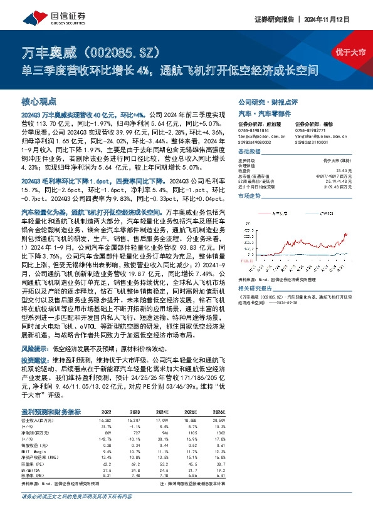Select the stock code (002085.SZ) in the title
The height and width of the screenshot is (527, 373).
(x=126, y=51)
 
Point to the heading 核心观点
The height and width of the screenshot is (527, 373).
(x=39, y=101)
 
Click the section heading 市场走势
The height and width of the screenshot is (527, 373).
(x=250, y=196)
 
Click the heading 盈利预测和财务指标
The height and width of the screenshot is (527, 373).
(x=51, y=412)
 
